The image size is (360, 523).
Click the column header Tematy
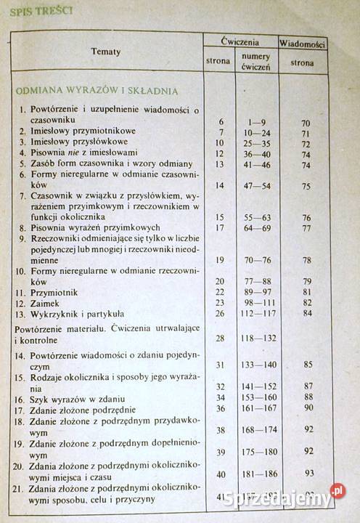(106, 52)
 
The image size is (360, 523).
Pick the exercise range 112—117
(255, 313)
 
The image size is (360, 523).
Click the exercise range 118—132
(255, 338)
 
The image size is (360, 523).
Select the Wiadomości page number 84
(307, 313)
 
